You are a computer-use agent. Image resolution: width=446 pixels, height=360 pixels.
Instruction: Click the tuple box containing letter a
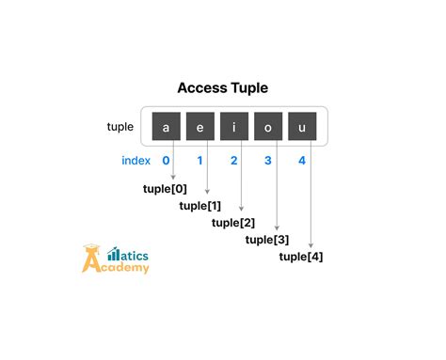(x=166, y=126)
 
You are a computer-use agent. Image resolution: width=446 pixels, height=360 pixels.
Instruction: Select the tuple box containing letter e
(x=199, y=126)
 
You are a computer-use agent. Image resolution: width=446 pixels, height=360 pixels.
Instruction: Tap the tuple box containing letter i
(x=234, y=126)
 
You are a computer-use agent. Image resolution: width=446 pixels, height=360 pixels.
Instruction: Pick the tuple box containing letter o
(x=268, y=126)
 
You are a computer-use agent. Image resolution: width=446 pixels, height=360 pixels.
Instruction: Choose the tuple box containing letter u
(x=302, y=126)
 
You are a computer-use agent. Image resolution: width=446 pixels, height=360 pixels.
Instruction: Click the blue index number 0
(x=166, y=161)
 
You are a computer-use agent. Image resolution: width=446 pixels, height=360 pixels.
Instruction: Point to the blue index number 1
(x=199, y=161)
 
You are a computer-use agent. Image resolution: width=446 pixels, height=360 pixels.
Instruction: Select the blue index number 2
(x=234, y=161)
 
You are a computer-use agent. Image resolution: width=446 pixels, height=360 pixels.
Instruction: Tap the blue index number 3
(x=268, y=161)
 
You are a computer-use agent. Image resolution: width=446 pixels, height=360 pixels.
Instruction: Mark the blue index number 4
(x=302, y=161)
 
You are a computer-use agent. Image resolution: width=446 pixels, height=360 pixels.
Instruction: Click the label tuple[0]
(x=165, y=189)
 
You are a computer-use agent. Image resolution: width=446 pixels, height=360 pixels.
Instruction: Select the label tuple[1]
(x=199, y=206)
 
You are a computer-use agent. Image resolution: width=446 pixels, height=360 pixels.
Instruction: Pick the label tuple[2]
(x=233, y=223)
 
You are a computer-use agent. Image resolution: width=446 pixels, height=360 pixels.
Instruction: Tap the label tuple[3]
(x=267, y=240)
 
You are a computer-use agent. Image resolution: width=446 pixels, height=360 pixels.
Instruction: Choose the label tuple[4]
(x=301, y=257)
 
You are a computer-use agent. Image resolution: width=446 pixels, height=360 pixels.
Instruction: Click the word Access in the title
(x=199, y=88)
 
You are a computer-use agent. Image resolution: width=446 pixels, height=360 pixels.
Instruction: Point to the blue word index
(x=136, y=161)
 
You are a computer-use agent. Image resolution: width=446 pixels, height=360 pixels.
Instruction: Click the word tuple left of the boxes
(x=120, y=127)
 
